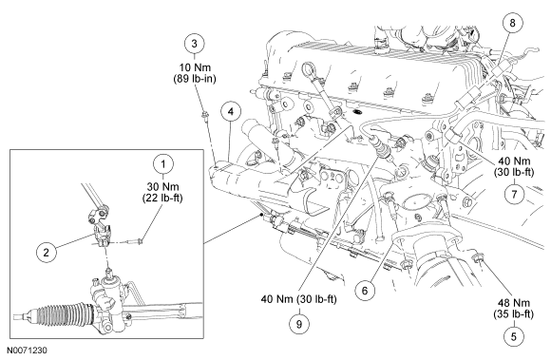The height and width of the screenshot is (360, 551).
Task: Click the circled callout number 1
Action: tap(163, 164)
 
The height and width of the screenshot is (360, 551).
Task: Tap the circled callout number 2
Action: tap(47, 252)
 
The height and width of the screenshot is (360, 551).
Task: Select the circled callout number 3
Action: tap(195, 44)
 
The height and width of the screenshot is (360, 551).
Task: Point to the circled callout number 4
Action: tap(231, 112)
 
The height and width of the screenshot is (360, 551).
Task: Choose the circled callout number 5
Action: tap(514, 337)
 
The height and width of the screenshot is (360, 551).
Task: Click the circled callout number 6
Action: tap(365, 291)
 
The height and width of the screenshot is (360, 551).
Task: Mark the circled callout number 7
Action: tap(514, 194)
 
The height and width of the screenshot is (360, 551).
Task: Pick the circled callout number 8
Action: tap(512, 23)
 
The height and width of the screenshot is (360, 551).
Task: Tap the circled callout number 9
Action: tap(299, 324)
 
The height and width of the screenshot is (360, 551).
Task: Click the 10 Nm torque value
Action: tap(195, 67)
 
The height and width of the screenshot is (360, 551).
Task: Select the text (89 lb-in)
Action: tap(195, 79)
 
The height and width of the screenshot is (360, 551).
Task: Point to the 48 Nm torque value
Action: tap(514, 302)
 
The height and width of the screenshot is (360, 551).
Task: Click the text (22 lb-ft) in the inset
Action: tap(162, 199)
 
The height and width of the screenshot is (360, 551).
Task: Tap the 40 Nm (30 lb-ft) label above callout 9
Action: tap(299, 299)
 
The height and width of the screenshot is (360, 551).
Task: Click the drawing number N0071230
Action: tap(27, 351)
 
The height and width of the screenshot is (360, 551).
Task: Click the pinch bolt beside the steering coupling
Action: tap(135, 241)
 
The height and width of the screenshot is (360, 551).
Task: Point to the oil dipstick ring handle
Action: tap(310, 68)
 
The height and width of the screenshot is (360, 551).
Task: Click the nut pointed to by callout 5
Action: tap(479, 258)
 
